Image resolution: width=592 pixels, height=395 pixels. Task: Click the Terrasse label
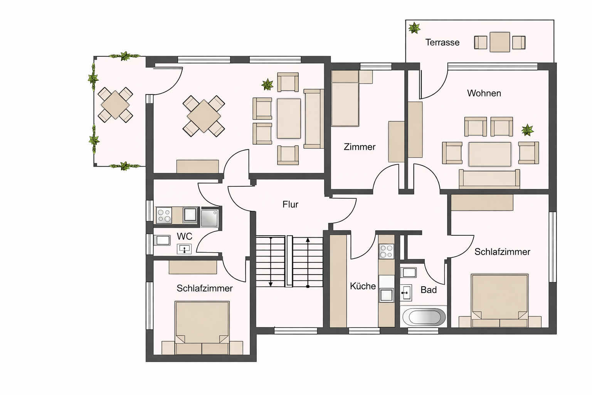tap(442, 42)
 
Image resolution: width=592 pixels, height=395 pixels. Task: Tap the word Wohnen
tap(484, 93)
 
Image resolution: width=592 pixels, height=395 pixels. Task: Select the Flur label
tap(290, 204)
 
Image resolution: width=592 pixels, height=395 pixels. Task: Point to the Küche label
tap(363, 286)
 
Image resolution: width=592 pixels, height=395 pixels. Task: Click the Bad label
tap(429, 290)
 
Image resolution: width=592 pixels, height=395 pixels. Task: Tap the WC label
tap(184, 236)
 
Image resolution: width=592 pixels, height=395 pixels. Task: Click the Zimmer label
tap(360, 147)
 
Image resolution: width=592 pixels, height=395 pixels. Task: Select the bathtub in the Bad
tap(424, 317)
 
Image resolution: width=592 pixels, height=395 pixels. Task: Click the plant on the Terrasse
tap(414, 28)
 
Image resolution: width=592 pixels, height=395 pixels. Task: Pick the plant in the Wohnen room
tap(527, 130)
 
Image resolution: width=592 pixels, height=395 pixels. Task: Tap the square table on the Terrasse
tap(500, 42)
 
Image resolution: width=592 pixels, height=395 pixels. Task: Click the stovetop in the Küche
tap(387, 252)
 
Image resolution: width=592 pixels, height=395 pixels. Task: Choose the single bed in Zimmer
tap(345, 98)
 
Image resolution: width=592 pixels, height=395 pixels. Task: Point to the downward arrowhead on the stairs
tap(271, 284)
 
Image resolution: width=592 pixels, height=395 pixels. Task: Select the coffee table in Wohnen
tap(490, 154)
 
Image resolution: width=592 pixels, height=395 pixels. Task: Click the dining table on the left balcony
tap(115, 105)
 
